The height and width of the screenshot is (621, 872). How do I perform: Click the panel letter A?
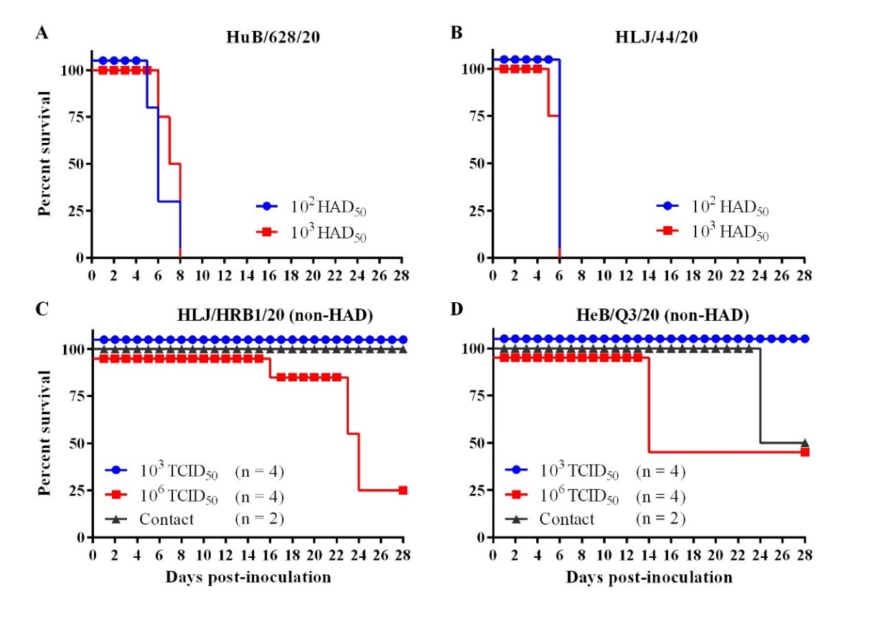tap(42, 34)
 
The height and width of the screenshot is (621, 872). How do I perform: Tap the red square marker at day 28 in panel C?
tap(403, 490)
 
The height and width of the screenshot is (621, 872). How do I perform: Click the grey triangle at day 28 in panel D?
tap(805, 443)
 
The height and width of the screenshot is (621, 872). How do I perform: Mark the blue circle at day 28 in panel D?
tap(805, 338)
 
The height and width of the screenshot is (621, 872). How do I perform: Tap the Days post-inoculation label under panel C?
tap(248, 577)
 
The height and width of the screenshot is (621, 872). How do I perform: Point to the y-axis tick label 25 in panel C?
tap(75, 490)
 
